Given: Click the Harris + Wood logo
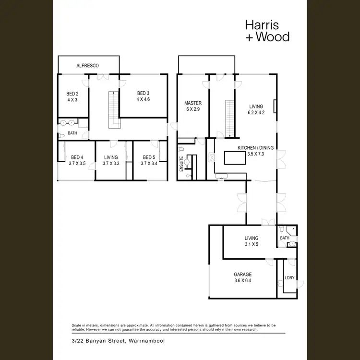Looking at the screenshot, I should [x=267, y=30].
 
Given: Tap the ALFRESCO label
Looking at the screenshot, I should [x=88, y=66].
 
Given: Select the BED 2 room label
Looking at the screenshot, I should [x=72, y=94].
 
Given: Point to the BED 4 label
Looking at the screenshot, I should [x=77, y=157].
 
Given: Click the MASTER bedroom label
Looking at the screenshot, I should [x=193, y=103].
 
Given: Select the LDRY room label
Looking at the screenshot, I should [x=289, y=277].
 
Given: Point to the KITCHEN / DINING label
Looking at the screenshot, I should [x=257, y=148].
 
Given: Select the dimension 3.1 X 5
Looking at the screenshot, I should [x=251, y=244].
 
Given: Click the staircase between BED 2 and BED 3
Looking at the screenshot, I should [x=114, y=109].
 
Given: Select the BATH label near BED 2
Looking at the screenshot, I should [x=72, y=133].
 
